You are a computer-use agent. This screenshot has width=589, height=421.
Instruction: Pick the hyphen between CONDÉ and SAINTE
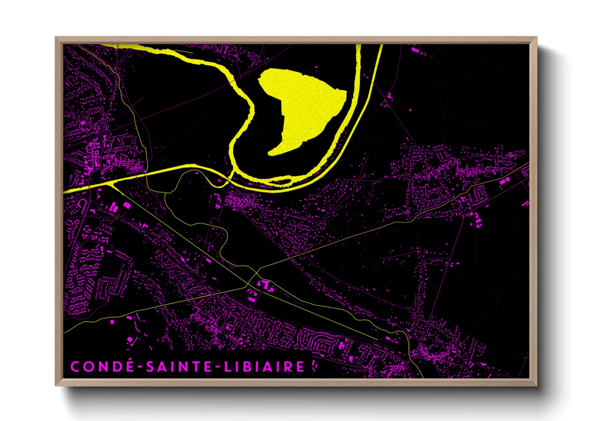140,367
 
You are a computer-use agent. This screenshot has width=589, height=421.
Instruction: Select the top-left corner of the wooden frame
56,37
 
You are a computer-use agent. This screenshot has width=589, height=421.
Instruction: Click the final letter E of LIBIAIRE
300,366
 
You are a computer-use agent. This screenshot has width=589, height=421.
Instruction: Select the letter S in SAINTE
150,366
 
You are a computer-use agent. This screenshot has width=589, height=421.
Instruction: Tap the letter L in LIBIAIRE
227,366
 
